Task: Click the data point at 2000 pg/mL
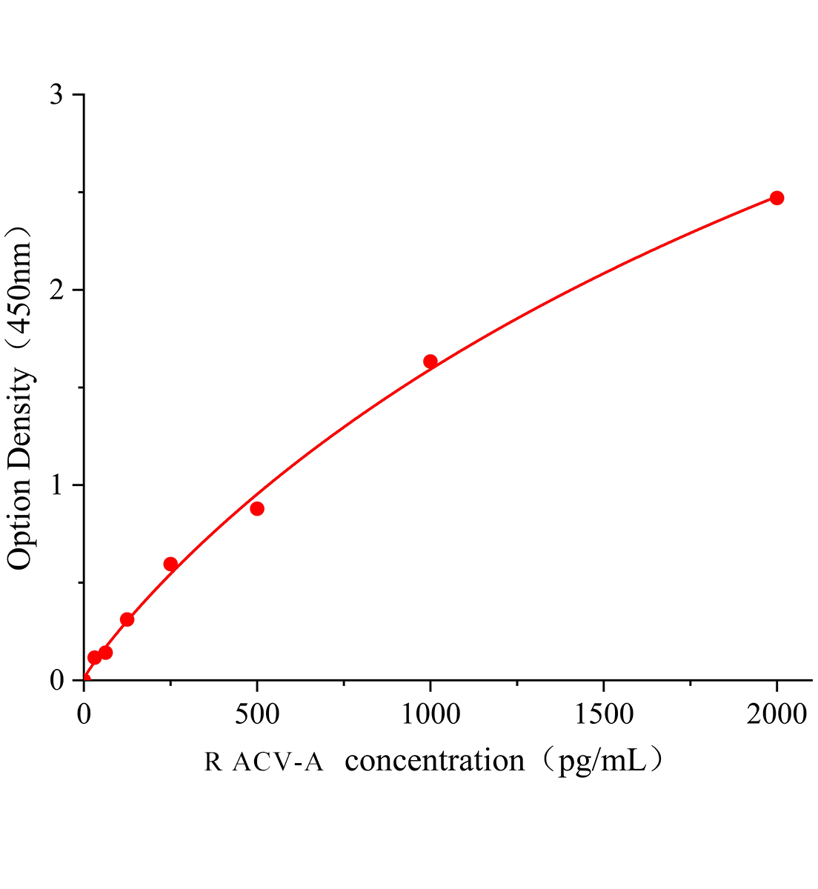pyautogui.click(x=777, y=198)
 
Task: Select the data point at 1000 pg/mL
pyautogui.click(x=430, y=362)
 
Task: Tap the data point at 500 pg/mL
pyautogui.click(x=257, y=508)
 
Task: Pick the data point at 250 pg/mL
pyautogui.click(x=170, y=565)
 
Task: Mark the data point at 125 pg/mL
pyautogui.click(x=127, y=619)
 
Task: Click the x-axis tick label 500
pyautogui.click(x=257, y=715)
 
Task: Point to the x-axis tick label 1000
pyautogui.click(x=430, y=715)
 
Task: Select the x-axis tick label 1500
pyautogui.click(x=603, y=715)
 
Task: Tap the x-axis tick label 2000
pyautogui.click(x=777, y=715)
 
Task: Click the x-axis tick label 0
pyautogui.click(x=84, y=715)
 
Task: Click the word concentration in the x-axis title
pyautogui.click(x=435, y=761)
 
